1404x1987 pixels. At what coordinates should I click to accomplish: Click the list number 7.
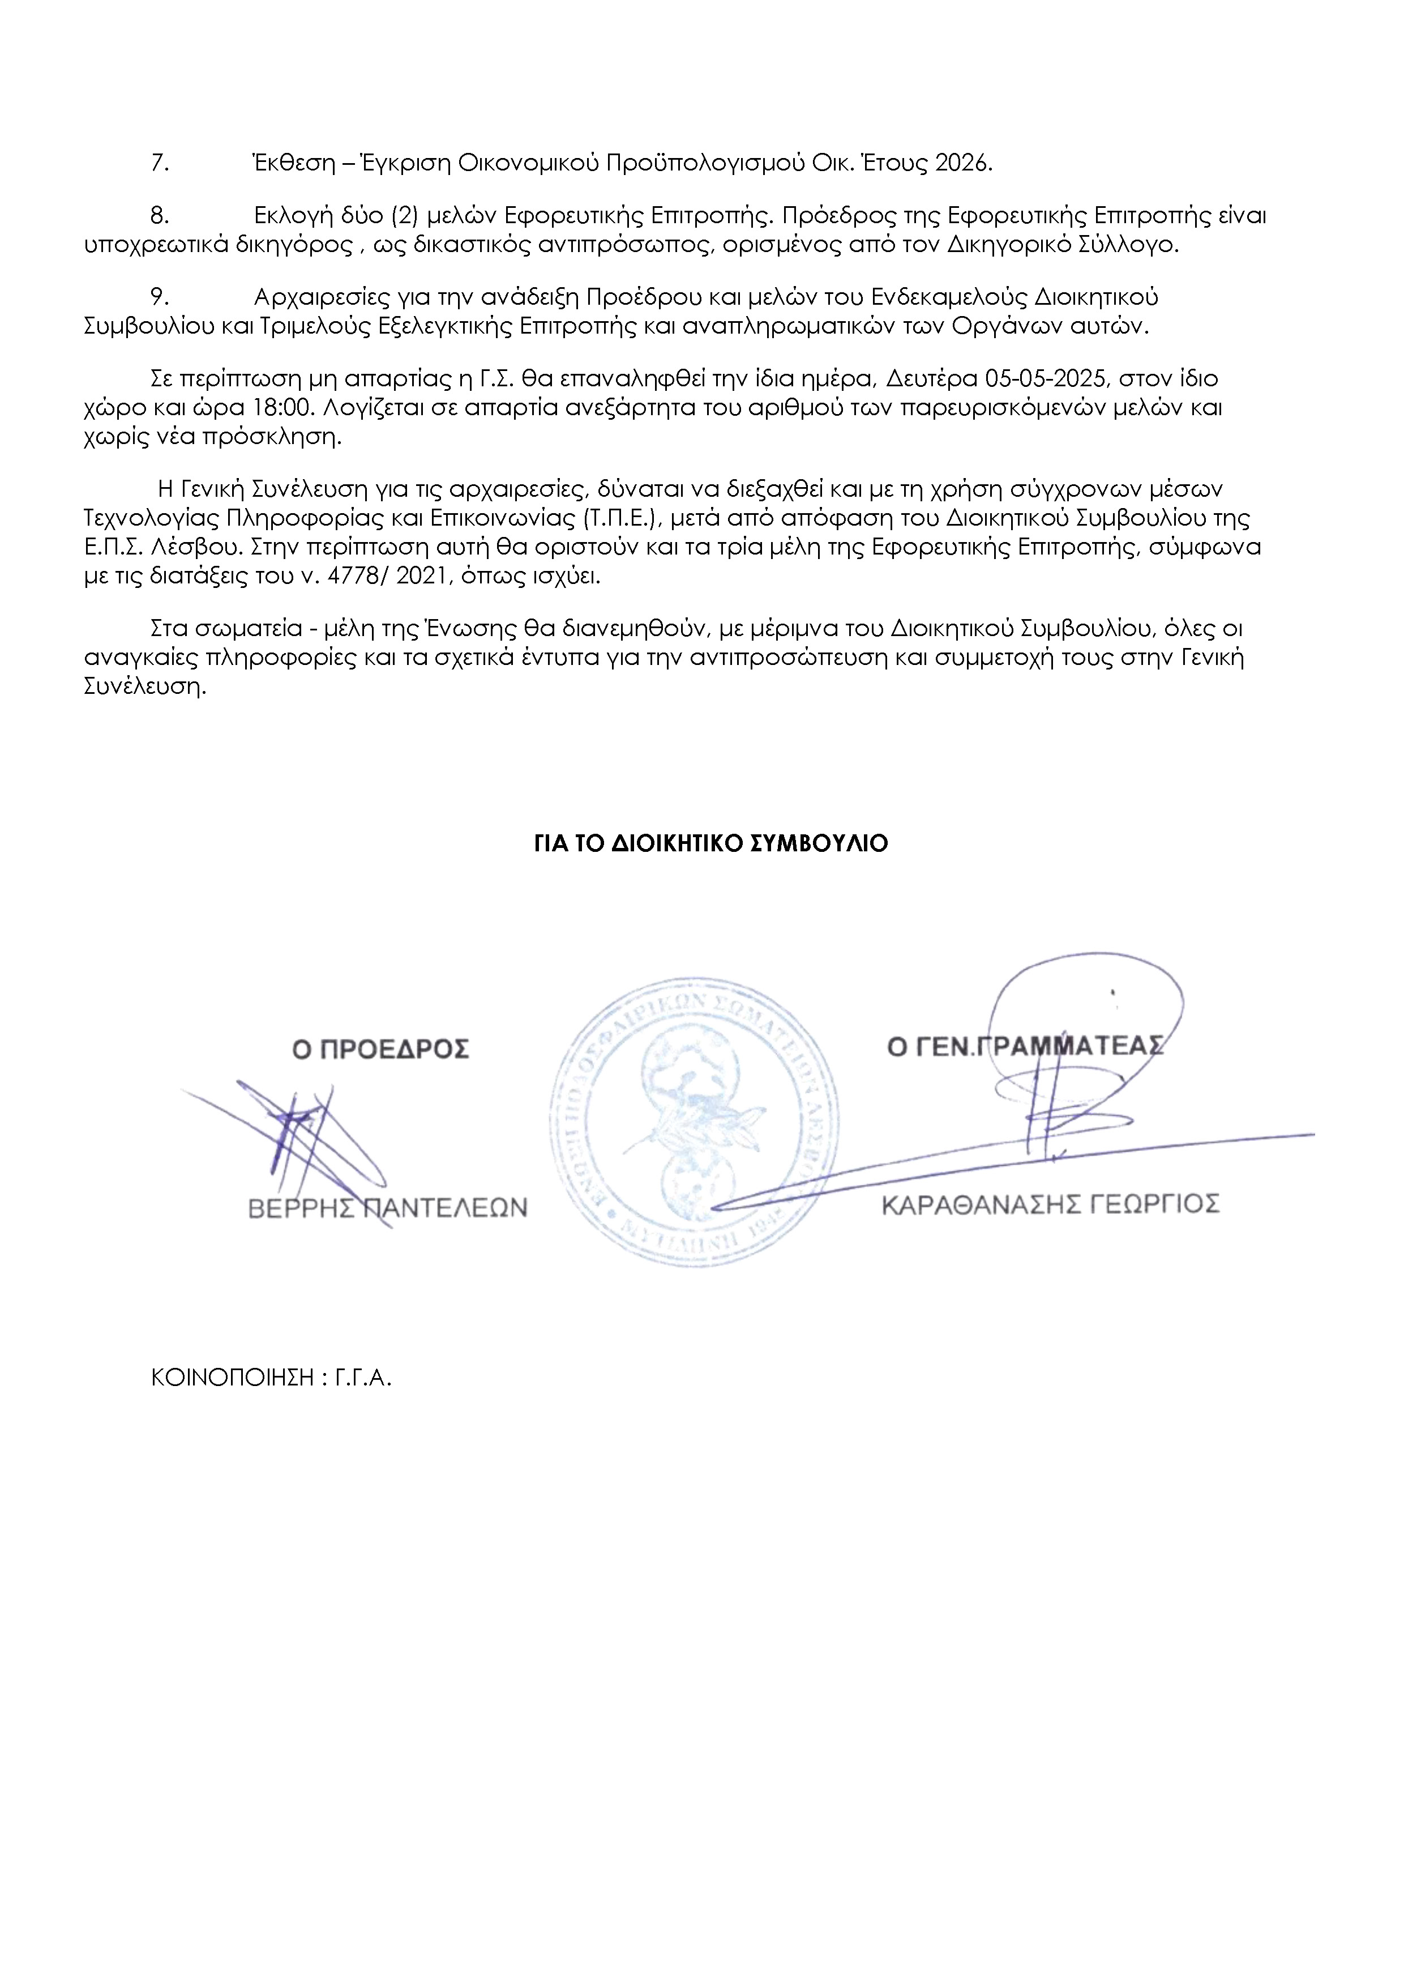(160, 164)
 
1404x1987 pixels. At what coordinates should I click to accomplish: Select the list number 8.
(160, 215)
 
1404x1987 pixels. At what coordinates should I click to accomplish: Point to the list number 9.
(160, 298)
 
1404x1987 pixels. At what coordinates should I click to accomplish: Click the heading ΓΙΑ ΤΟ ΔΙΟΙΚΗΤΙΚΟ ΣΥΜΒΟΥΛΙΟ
(711, 844)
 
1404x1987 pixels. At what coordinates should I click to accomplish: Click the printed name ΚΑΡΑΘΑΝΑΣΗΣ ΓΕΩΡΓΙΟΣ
(1050, 1205)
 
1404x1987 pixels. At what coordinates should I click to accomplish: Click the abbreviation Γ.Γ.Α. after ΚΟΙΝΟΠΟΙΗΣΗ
(363, 1379)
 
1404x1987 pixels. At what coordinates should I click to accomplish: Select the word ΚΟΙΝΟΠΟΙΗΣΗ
(232, 1379)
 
